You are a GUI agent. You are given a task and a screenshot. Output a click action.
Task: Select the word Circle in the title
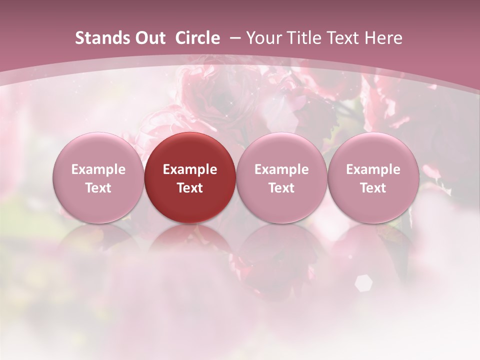pos(197,38)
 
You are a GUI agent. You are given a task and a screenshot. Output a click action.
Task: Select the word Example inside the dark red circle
pos(190,169)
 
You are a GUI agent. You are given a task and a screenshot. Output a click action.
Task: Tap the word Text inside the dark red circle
pos(190,188)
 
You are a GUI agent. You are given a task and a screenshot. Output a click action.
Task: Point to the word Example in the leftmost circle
pos(98,169)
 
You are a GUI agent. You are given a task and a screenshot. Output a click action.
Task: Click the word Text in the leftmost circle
pos(98,188)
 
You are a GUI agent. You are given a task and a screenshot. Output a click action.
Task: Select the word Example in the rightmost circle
pos(373,169)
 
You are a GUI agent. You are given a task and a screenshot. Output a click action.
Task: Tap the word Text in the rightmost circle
pos(373,188)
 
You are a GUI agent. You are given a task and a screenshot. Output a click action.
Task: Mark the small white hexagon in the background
pos(363,283)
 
